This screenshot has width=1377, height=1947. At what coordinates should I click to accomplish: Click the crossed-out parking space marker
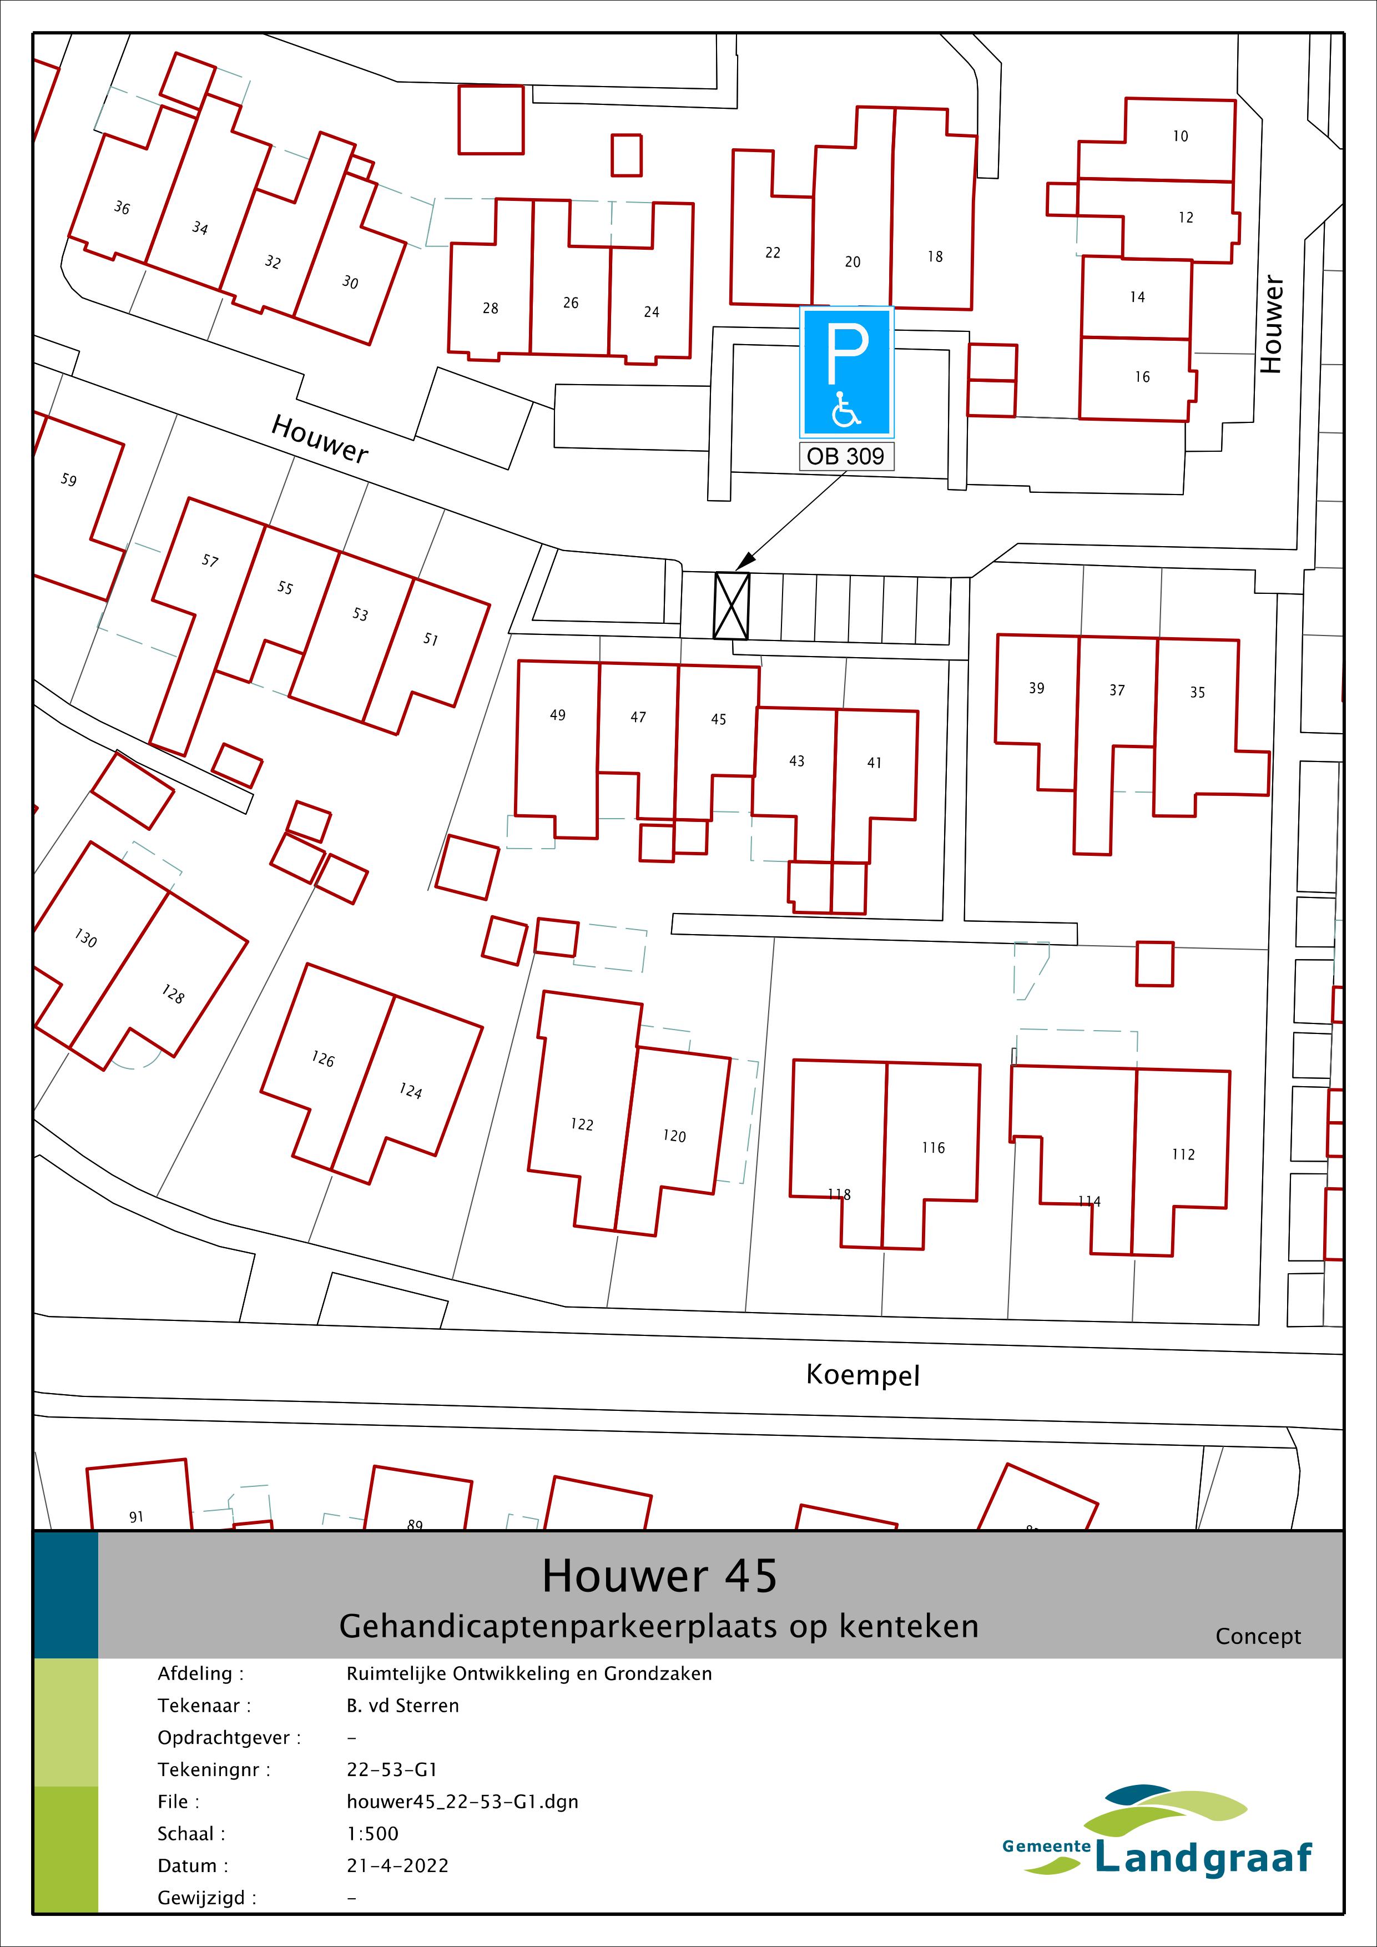pyautogui.click(x=732, y=606)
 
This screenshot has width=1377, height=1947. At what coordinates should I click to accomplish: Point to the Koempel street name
pyautogui.click(x=862, y=1375)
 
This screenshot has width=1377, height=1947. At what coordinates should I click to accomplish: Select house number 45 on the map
pyautogui.click(x=718, y=719)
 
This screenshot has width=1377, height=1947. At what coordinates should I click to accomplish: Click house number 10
pyautogui.click(x=1181, y=135)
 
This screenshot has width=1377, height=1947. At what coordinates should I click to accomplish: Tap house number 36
pyautogui.click(x=122, y=208)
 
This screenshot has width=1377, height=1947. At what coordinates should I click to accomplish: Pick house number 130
pyautogui.click(x=85, y=939)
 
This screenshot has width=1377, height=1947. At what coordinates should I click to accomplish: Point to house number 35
pyautogui.click(x=1197, y=692)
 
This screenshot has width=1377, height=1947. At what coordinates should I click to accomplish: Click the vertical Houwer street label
pyautogui.click(x=1270, y=324)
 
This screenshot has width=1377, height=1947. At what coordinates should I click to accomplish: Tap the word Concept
pyautogui.click(x=1258, y=1636)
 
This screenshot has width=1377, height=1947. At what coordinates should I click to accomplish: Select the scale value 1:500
pyautogui.click(x=372, y=1833)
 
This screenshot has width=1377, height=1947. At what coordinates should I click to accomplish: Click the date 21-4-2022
pyautogui.click(x=397, y=1865)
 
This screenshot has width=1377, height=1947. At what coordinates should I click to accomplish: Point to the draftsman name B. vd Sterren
pyautogui.click(x=403, y=1706)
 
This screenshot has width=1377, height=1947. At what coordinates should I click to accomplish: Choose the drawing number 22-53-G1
pyautogui.click(x=392, y=1770)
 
